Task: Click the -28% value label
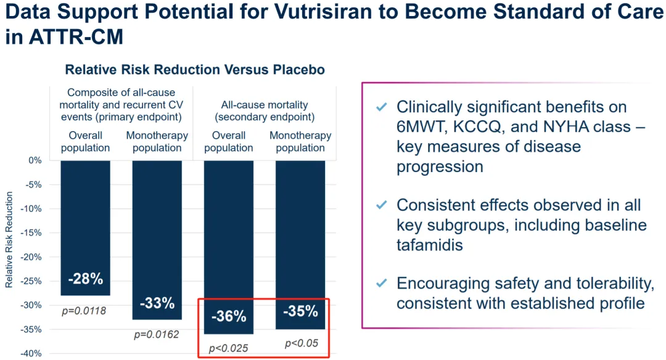(86, 279)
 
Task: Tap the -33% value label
(157, 303)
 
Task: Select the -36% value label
(229, 317)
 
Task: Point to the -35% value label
(300, 311)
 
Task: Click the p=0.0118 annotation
(84, 311)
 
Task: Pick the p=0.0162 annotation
(157, 335)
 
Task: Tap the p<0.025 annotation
(228, 349)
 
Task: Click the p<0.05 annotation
(300, 343)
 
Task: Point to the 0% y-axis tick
(35, 160)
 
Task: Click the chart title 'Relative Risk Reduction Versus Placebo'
(195, 70)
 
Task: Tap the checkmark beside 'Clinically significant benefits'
(382, 108)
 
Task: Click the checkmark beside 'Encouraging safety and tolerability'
(382, 284)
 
